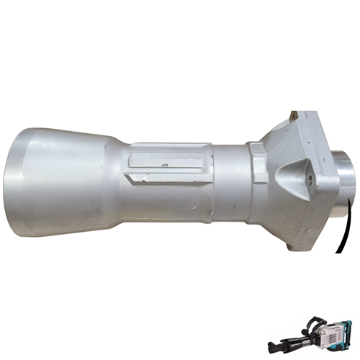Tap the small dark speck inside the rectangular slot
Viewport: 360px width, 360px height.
click(x=164, y=165)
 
